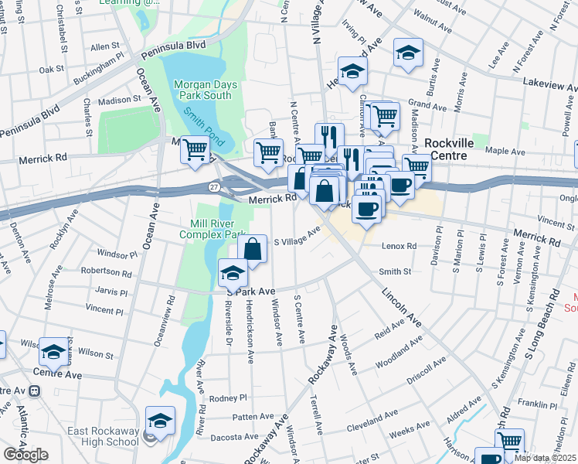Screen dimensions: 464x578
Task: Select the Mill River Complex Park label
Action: click(x=212, y=229)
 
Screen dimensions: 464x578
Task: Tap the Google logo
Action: click(x=25, y=455)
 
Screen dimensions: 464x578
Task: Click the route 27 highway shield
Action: click(x=214, y=187)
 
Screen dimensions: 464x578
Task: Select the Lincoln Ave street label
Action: click(x=401, y=306)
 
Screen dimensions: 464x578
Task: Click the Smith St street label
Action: click(x=395, y=271)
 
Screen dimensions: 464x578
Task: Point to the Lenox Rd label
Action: click(x=399, y=247)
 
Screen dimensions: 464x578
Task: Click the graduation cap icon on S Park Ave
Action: click(x=233, y=272)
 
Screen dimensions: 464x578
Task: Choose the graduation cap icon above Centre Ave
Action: click(x=53, y=352)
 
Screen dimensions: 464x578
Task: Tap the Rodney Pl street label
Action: click(x=228, y=398)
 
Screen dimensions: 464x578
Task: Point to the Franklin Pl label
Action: click(x=532, y=404)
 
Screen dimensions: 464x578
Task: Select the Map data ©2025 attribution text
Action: click(x=544, y=458)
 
